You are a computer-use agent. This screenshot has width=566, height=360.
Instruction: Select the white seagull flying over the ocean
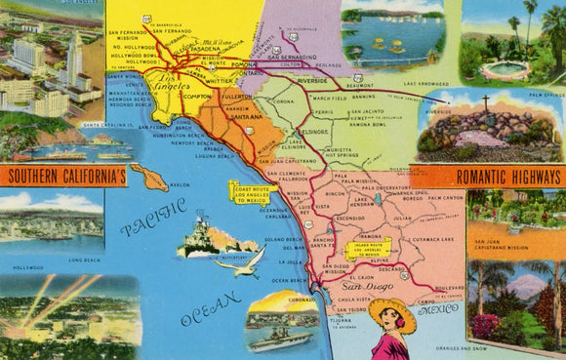(246, 260)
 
